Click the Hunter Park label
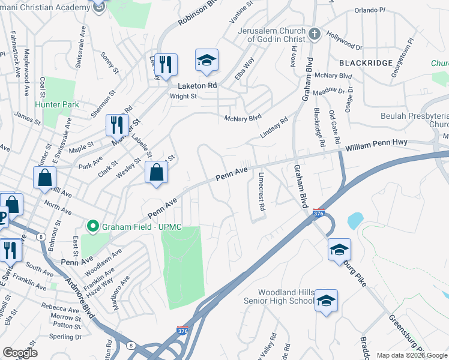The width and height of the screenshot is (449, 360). pyautogui.click(x=57, y=104)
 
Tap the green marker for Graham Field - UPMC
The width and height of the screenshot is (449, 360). pyautogui.click(x=92, y=226)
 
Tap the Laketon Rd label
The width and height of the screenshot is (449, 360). pyautogui.click(x=197, y=86)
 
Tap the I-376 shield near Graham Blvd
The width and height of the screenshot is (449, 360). pyautogui.click(x=319, y=213)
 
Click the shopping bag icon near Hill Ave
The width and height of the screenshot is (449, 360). pyautogui.click(x=45, y=178)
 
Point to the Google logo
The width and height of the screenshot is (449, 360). pyautogui.click(x=20, y=353)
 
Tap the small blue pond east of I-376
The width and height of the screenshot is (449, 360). pyautogui.click(x=355, y=221)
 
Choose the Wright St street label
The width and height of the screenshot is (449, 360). pyautogui.click(x=183, y=96)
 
